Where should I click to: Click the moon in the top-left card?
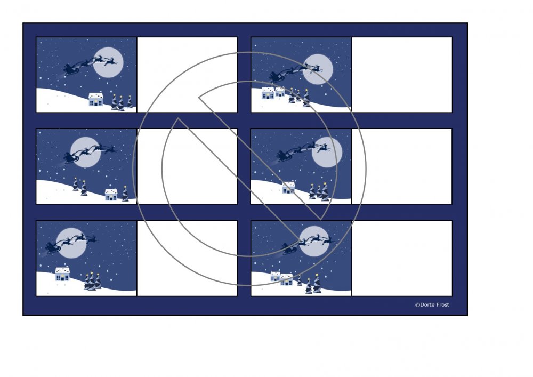[108, 62]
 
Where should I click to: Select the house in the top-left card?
[96, 99]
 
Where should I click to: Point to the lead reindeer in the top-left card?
[111, 62]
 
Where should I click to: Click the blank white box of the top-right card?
[402, 75]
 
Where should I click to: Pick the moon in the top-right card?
[318, 69]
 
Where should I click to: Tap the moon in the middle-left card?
[86, 153]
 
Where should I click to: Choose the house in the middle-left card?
[111, 195]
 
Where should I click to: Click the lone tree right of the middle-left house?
[125, 194]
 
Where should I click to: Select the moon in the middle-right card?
[327, 153]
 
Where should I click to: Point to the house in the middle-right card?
[288, 187]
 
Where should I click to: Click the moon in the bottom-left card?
[71, 243]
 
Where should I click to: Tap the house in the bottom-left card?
[62, 274]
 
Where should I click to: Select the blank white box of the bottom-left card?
[187, 259]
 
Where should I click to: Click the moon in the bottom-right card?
[314, 241]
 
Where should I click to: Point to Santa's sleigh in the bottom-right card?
[289, 249]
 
